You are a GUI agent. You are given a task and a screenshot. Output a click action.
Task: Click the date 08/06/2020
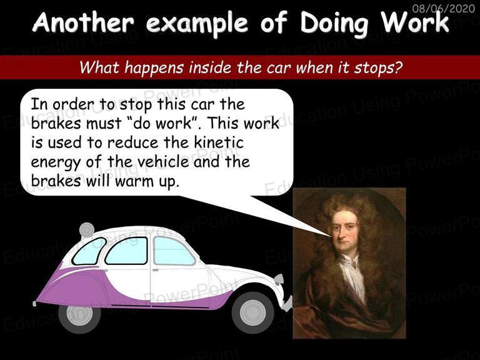coord(444,7)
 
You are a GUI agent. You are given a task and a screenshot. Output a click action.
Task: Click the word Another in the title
coord(83,22)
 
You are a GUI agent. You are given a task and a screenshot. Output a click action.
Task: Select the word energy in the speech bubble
coord(56,162)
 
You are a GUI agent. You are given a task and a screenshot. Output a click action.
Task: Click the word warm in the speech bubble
coord(134,181)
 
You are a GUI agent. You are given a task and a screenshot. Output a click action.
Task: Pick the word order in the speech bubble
coord(73,104)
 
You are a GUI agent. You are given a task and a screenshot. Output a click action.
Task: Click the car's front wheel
coord(253,312)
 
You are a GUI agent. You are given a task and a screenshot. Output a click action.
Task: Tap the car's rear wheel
coord(79,315)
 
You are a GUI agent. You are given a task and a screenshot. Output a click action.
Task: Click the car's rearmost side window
coord(89,251)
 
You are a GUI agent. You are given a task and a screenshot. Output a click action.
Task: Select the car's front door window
coord(173,251)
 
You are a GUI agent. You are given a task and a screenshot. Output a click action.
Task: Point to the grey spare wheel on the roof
coord(87,230)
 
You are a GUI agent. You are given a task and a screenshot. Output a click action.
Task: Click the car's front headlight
coord(279,280)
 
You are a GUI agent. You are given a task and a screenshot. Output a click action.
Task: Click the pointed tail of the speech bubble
coord(331,236)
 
